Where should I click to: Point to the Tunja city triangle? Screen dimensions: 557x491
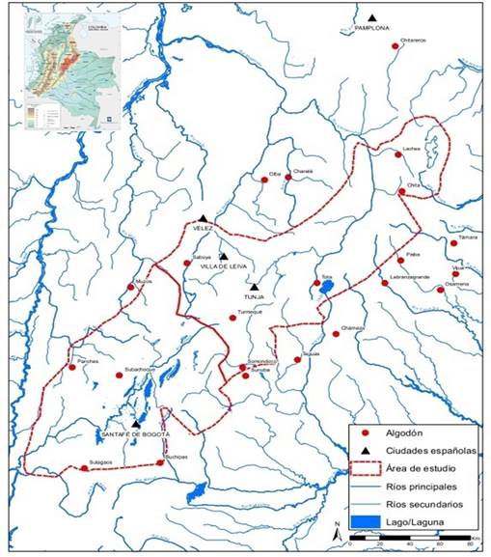[254, 287]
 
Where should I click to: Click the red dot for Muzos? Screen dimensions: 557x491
[132, 287]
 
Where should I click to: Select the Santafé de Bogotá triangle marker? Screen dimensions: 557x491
[136, 423]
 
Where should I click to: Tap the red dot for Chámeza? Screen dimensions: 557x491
[336, 334]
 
